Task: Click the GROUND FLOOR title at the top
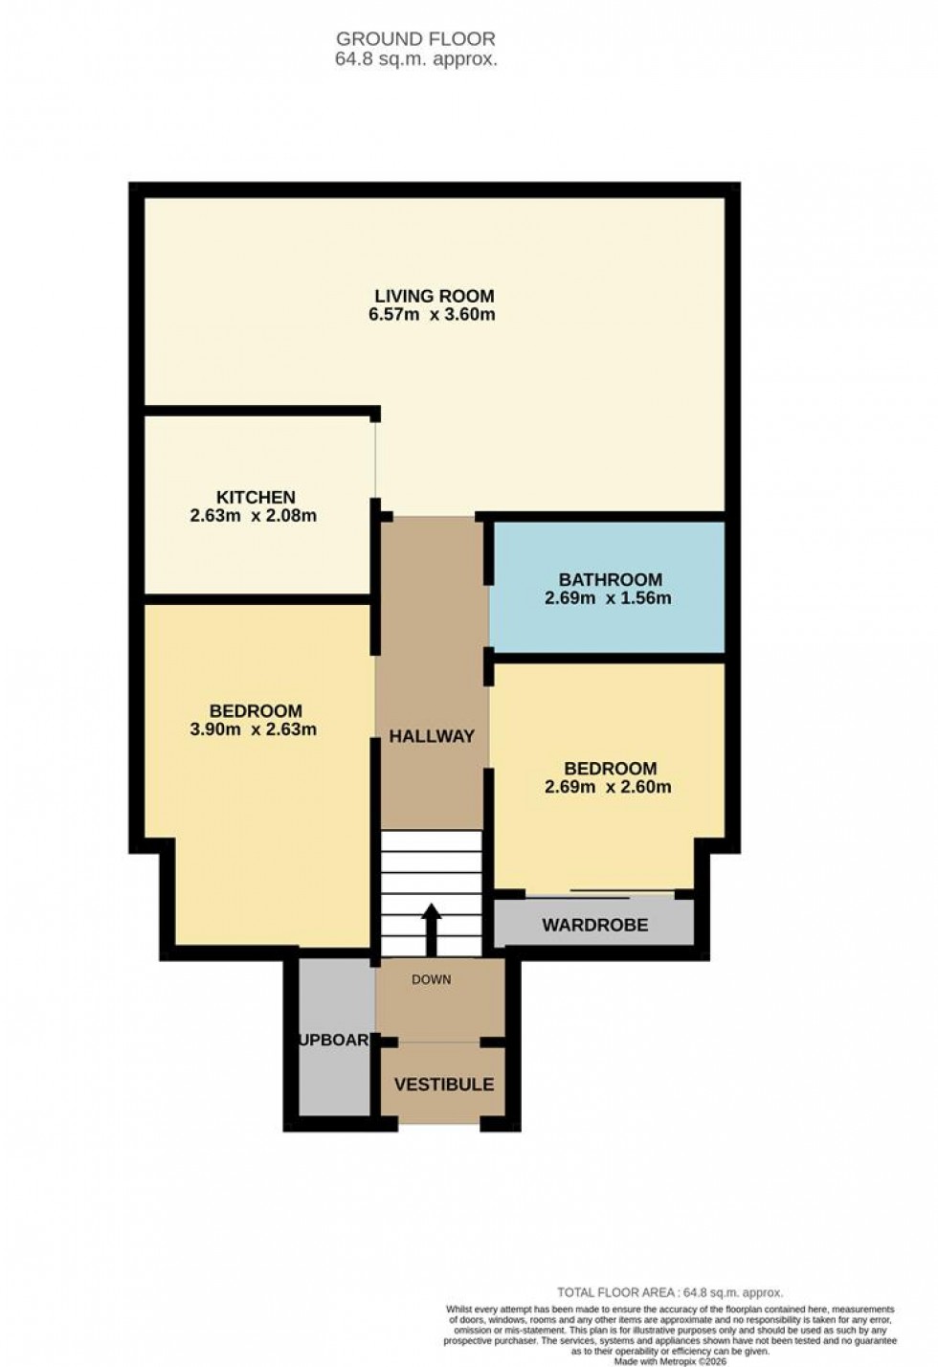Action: tap(415, 39)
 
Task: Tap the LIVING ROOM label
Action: tap(434, 296)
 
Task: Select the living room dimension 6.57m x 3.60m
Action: tap(432, 314)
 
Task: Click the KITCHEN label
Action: tap(256, 497)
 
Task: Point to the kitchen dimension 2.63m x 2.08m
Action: tap(254, 516)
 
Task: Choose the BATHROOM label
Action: tap(610, 579)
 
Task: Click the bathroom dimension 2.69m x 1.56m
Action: tap(608, 598)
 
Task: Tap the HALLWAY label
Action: tap(432, 736)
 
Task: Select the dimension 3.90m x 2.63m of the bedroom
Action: tap(254, 729)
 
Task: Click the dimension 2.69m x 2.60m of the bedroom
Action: tap(608, 787)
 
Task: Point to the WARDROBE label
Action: tap(594, 925)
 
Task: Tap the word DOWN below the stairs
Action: tap(431, 979)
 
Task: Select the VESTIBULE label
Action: tap(444, 1085)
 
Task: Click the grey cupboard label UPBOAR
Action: tap(335, 1040)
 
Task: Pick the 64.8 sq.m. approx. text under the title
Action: tap(415, 59)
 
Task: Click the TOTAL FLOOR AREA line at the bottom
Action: tap(670, 1292)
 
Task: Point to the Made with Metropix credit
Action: tap(670, 1360)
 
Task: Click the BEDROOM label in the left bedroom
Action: tap(256, 710)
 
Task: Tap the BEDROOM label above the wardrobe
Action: tap(610, 768)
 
